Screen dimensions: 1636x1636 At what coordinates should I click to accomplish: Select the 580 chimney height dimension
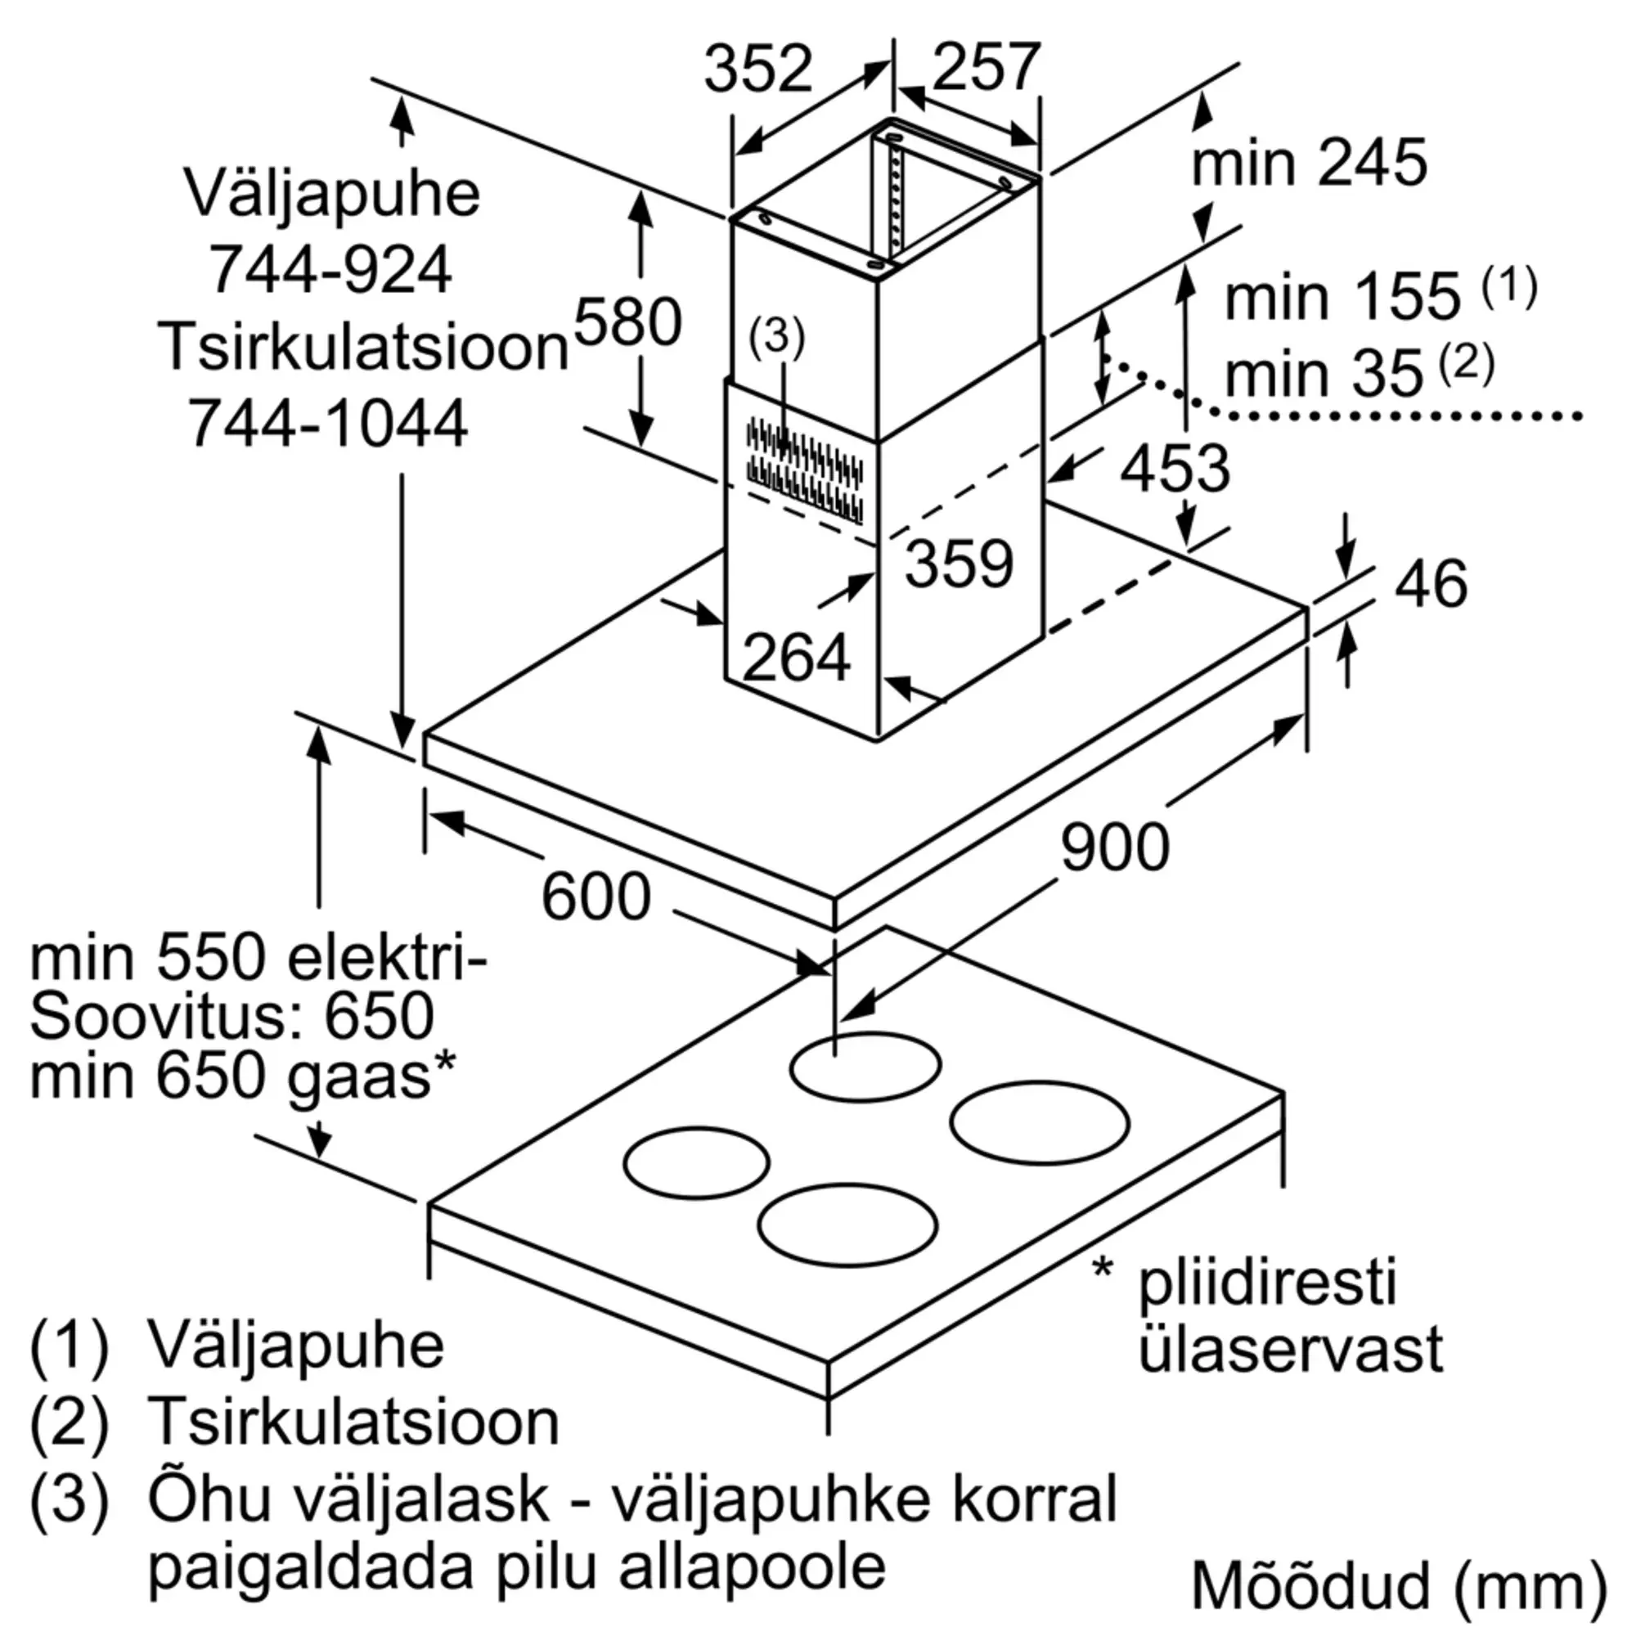[x=627, y=322]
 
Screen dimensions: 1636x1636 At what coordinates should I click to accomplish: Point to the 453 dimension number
[x=1175, y=468]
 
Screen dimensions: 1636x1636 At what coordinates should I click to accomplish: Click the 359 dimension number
[x=959, y=563]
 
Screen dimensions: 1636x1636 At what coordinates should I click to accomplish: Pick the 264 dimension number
[x=796, y=657]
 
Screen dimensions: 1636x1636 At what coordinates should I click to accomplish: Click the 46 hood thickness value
[x=1430, y=584]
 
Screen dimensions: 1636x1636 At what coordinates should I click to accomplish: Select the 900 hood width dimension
[x=1114, y=847]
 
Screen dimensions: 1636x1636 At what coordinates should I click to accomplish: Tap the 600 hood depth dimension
[x=596, y=897]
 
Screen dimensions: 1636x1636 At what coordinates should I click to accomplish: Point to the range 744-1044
[x=327, y=424]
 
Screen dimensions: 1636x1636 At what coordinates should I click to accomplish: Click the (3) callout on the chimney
[x=776, y=338]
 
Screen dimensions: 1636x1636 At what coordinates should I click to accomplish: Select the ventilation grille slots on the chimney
[x=804, y=470]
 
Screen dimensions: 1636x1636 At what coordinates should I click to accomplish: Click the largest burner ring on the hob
[x=1040, y=1122]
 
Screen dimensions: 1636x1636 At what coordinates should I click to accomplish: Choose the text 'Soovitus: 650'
[x=232, y=1016]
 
